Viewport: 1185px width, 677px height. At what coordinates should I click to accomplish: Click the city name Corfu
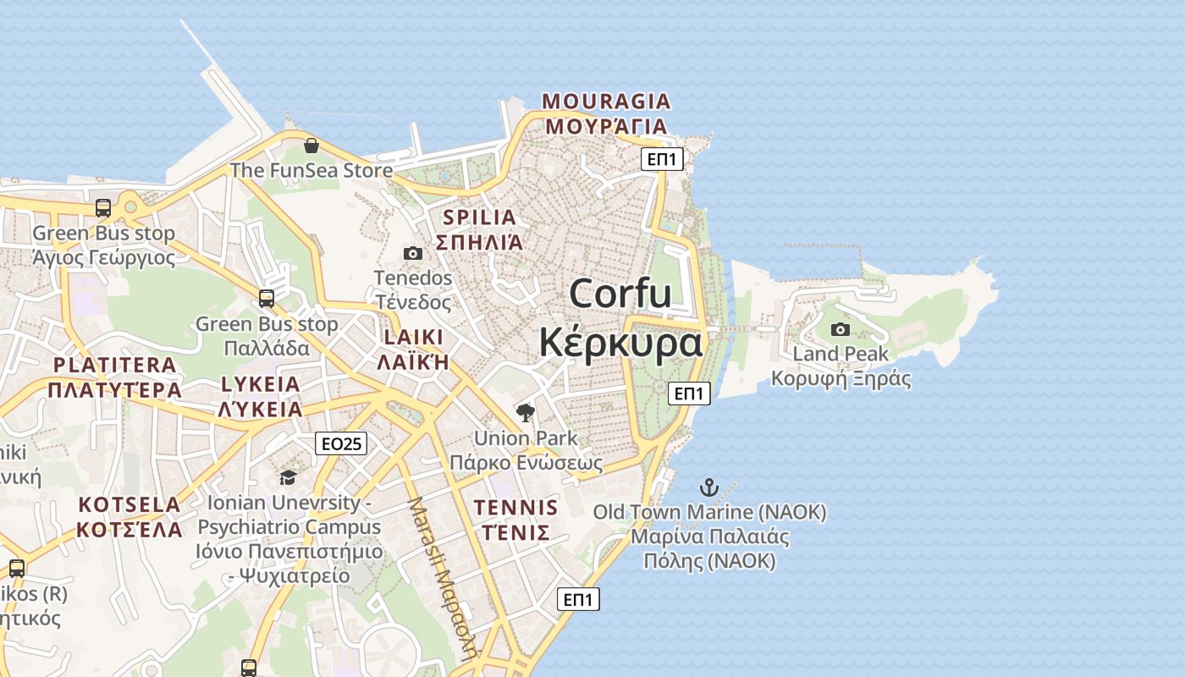[620, 294]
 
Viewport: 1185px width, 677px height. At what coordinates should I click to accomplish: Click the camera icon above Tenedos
[413, 253]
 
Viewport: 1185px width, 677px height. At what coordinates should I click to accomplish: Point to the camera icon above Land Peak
[841, 329]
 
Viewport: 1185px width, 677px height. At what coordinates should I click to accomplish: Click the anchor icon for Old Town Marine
[709, 487]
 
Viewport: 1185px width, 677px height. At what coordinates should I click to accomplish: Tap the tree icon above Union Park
[526, 413]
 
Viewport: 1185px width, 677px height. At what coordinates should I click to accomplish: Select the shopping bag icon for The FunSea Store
[311, 146]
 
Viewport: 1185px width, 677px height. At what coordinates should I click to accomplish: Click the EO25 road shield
[341, 443]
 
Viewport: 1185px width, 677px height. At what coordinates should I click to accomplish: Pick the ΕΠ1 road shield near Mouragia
[661, 159]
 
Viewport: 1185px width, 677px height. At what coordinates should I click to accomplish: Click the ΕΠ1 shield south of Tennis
[579, 599]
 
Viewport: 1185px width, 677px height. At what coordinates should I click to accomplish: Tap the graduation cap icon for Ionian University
[288, 477]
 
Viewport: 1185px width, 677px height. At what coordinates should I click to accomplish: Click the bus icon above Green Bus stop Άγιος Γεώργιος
[103, 207]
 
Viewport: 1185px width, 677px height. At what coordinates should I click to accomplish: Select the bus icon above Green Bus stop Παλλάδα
[267, 298]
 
